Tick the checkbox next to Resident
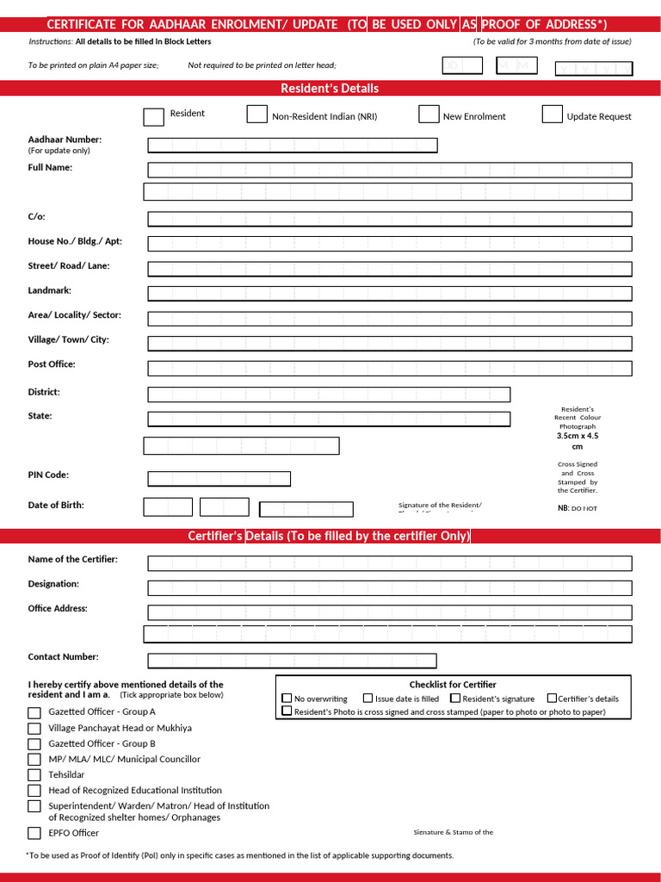click(x=153, y=116)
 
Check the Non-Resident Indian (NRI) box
click(x=256, y=114)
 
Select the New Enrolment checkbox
click(x=429, y=114)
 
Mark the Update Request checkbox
click(x=552, y=114)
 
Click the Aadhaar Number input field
click(x=292, y=145)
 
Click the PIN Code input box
click(x=219, y=479)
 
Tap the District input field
click(x=328, y=394)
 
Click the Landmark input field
click(x=389, y=294)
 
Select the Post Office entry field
click(x=389, y=369)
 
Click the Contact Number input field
click(x=292, y=661)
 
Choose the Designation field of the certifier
click(x=389, y=588)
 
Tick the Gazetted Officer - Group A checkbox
click(x=34, y=712)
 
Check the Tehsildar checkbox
click(x=34, y=775)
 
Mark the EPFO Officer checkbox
click(x=34, y=833)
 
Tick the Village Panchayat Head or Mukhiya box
click(x=34, y=729)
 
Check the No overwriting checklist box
click(x=287, y=699)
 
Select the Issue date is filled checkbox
click(x=368, y=699)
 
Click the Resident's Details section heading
click(x=330, y=88)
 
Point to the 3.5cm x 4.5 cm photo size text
click(x=577, y=441)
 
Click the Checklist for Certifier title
click(x=452, y=685)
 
